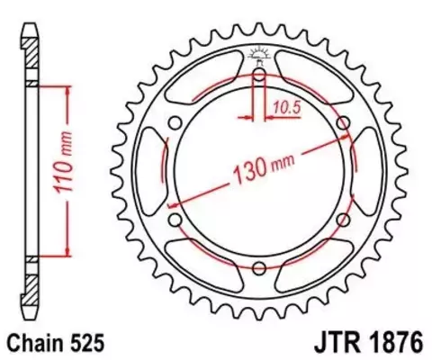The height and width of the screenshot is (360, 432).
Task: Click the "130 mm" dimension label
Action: pos(261,166)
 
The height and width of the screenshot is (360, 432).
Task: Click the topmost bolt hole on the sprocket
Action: pos(259,75)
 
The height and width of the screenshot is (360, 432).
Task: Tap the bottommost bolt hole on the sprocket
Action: pos(259,267)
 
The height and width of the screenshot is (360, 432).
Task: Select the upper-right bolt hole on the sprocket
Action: pos(343,122)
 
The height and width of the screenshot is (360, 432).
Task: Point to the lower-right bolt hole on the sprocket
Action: pos(343,219)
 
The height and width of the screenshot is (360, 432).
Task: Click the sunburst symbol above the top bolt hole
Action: pos(259,56)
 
